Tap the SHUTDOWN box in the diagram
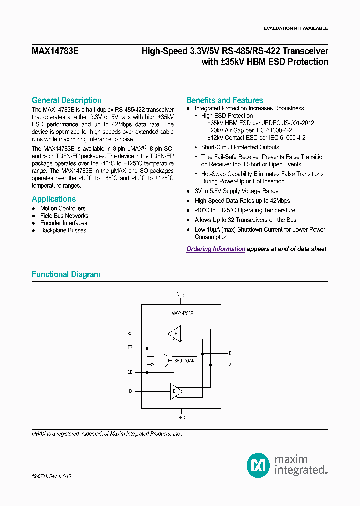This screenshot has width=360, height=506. (x=183, y=360)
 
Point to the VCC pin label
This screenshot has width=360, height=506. (x=180, y=295)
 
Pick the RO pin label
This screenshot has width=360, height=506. (x=130, y=333)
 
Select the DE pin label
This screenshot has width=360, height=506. (x=130, y=372)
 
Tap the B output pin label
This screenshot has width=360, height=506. (x=230, y=353)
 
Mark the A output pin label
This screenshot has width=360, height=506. (x=230, y=365)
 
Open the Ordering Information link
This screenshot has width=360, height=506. (x=216, y=249)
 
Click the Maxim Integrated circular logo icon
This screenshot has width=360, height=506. (x=258, y=465)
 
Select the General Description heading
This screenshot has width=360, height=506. (x=67, y=100)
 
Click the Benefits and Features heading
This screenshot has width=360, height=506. (x=224, y=100)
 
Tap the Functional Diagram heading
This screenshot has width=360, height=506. (x=66, y=274)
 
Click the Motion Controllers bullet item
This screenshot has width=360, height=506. (x=63, y=208)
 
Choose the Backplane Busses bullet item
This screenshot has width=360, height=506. (x=63, y=230)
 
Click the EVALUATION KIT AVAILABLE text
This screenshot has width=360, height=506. (x=295, y=28)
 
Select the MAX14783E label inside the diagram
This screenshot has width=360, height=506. (x=182, y=313)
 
